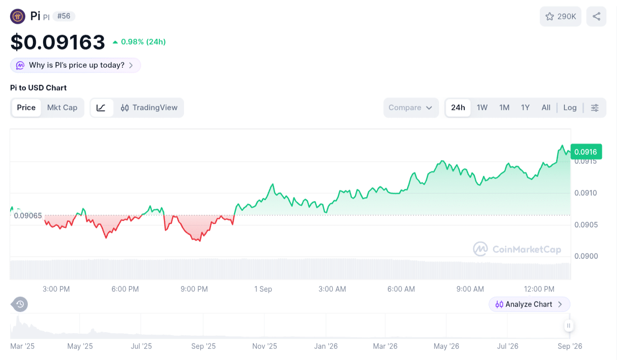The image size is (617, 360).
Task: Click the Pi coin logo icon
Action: point(18,16)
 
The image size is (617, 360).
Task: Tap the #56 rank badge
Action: point(64,16)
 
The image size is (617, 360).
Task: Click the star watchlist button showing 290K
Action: point(560,17)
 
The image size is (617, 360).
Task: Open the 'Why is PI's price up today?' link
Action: point(75,65)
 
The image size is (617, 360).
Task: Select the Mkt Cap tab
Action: point(62,108)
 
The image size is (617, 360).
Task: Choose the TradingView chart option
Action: point(149,108)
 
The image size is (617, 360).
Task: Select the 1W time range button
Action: point(482,108)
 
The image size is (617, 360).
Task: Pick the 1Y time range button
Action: point(525,108)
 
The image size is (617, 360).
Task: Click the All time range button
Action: point(546,108)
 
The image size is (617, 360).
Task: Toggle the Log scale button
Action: point(569,108)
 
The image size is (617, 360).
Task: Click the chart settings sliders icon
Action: point(595,108)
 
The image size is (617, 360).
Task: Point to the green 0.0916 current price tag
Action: point(586,152)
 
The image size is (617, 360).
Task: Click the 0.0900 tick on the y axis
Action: point(586,256)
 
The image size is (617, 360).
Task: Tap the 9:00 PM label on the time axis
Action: point(194,289)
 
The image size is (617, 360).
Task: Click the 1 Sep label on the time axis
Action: point(263,289)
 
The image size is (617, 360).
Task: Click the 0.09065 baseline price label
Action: point(28,216)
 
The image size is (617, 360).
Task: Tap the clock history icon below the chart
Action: point(20,304)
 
